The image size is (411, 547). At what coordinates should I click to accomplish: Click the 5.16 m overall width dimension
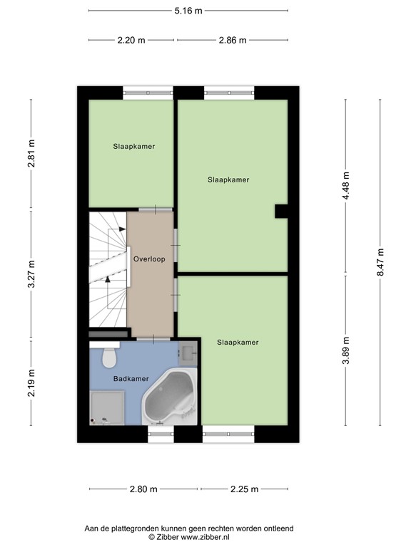click(188, 11)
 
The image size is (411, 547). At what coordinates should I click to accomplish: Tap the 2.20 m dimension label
click(131, 41)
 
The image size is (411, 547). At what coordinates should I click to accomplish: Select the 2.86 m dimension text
click(233, 41)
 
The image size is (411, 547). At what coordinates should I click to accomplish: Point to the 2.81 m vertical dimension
click(31, 154)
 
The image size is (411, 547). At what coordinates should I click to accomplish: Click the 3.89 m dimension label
click(346, 350)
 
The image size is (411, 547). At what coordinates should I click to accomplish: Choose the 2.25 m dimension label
click(244, 489)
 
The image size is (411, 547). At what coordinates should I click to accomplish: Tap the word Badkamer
click(131, 379)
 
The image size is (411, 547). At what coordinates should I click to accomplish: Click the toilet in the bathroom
click(109, 355)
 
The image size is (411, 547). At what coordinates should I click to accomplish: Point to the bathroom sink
click(189, 351)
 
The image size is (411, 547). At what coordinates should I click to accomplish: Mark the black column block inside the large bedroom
click(282, 211)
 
